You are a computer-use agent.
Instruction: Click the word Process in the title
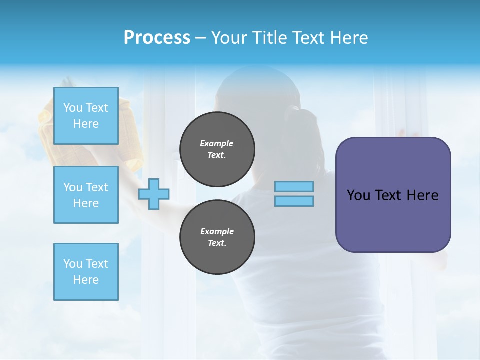(x=157, y=38)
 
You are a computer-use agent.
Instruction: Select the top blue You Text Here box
(x=86, y=116)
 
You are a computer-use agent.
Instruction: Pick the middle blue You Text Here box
(x=86, y=195)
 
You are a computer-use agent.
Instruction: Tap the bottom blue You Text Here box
(x=86, y=271)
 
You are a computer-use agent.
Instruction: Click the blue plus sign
(x=154, y=194)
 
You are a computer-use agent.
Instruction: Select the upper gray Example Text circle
(x=217, y=149)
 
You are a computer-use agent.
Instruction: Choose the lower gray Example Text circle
(x=217, y=237)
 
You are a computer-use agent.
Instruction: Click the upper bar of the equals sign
(x=294, y=187)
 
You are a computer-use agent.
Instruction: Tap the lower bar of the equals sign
(x=294, y=201)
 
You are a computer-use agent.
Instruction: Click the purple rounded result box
(x=393, y=220)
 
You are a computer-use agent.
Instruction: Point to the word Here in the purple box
(x=422, y=195)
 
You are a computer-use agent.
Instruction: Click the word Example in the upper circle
(x=217, y=143)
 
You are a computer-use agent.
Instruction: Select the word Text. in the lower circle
(x=217, y=243)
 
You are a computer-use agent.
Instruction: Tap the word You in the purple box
(x=358, y=195)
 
